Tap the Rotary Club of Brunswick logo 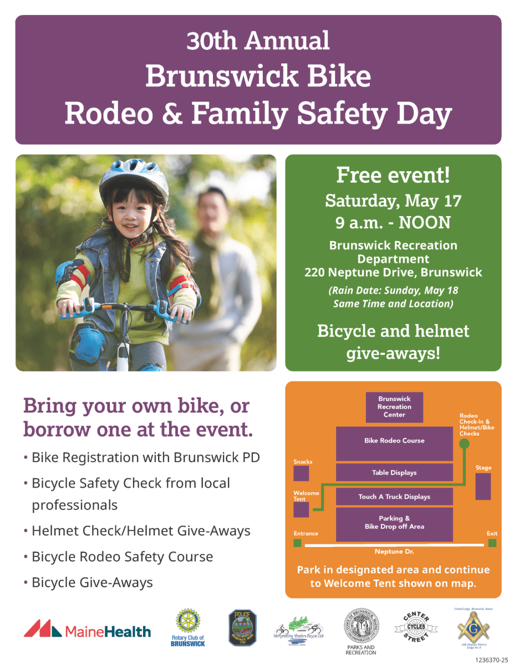[x=187, y=627]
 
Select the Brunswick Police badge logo [x=242, y=628]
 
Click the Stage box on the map [x=483, y=487]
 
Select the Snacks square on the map [x=301, y=473]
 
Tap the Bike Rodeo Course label [x=394, y=441]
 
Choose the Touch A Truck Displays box [x=394, y=497]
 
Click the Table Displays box [x=394, y=473]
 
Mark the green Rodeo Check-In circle [x=464, y=443]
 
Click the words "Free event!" [x=393, y=176]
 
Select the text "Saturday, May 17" [x=393, y=200]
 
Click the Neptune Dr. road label [x=394, y=552]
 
